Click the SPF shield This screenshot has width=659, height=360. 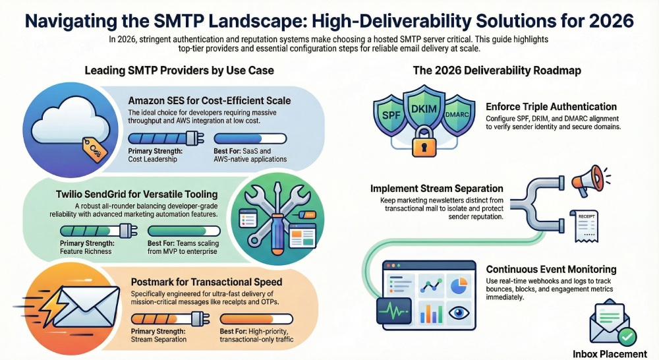pyautogui.click(x=390, y=114)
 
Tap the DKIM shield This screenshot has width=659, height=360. pyautogui.click(x=424, y=109)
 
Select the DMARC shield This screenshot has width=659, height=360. pyautogui.click(x=458, y=114)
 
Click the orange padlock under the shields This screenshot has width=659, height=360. pyautogui.click(x=424, y=142)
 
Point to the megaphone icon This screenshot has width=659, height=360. pyautogui.click(x=588, y=181)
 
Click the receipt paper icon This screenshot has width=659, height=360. pyautogui.click(x=584, y=226)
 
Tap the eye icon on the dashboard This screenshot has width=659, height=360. pyautogui.click(x=459, y=313)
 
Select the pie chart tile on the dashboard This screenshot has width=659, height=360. pyautogui.click(x=459, y=286)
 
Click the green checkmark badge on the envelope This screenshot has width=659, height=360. pyautogui.click(x=627, y=337)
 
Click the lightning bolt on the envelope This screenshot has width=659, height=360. pyautogui.click(x=49, y=305)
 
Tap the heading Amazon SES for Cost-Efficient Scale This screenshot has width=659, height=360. pyautogui.click(x=210, y=101)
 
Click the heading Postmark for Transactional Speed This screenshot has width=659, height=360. pyautogui.click(x=206, y=282)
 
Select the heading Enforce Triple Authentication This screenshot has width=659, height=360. pyautogui.click(x=551, y=107)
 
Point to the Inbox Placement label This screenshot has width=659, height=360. pyautogui.click(x=610, y=354)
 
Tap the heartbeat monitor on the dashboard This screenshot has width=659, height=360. pyautogui.click(x=394, y=312)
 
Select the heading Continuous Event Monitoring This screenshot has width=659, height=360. pyautogui.click(x=551, y=270)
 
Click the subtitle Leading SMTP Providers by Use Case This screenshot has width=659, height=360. pyautogui.click(x=179, y=71)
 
